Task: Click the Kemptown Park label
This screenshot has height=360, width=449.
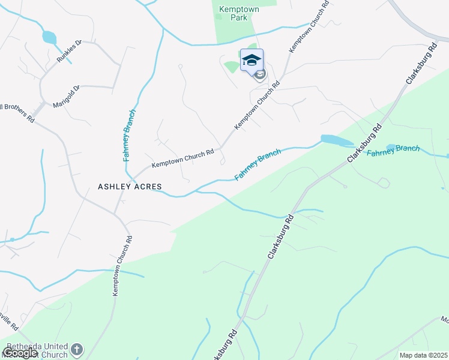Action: coord(234,13)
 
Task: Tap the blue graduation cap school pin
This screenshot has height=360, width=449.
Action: coord(252,60)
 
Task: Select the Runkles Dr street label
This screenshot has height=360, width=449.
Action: coord(69,50)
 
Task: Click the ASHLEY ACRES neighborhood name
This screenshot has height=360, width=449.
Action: coord(130,187)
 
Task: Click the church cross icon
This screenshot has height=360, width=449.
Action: coord(77,349)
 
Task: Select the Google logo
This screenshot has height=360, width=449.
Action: coord(20,353)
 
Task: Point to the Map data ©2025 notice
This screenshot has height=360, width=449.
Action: coord(423,355)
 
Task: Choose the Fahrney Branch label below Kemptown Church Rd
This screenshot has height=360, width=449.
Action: coord(258,165)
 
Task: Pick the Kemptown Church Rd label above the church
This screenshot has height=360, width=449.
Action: coord(122,265)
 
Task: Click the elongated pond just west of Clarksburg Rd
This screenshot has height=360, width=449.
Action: coord(336,140)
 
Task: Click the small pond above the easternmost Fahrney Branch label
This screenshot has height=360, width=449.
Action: coord(392,147)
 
